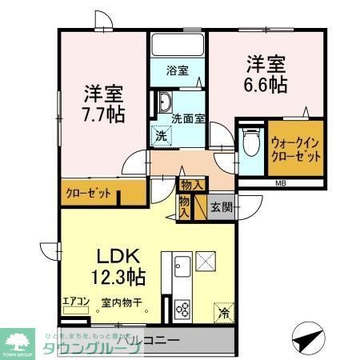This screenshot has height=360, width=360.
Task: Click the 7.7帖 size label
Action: tap(104, 114)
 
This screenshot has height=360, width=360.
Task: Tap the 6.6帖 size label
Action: tap(267, 85)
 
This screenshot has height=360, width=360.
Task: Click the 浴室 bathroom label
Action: tap(178, 70)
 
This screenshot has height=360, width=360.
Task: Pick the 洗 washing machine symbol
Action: tap(161, 136)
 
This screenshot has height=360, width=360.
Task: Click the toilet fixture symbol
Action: tap(250, 145)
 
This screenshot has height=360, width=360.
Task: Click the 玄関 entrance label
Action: tap(221, 207)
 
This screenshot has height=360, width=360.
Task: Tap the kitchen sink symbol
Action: tap(181, 264)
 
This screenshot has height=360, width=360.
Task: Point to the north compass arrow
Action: tap(308, 340)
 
